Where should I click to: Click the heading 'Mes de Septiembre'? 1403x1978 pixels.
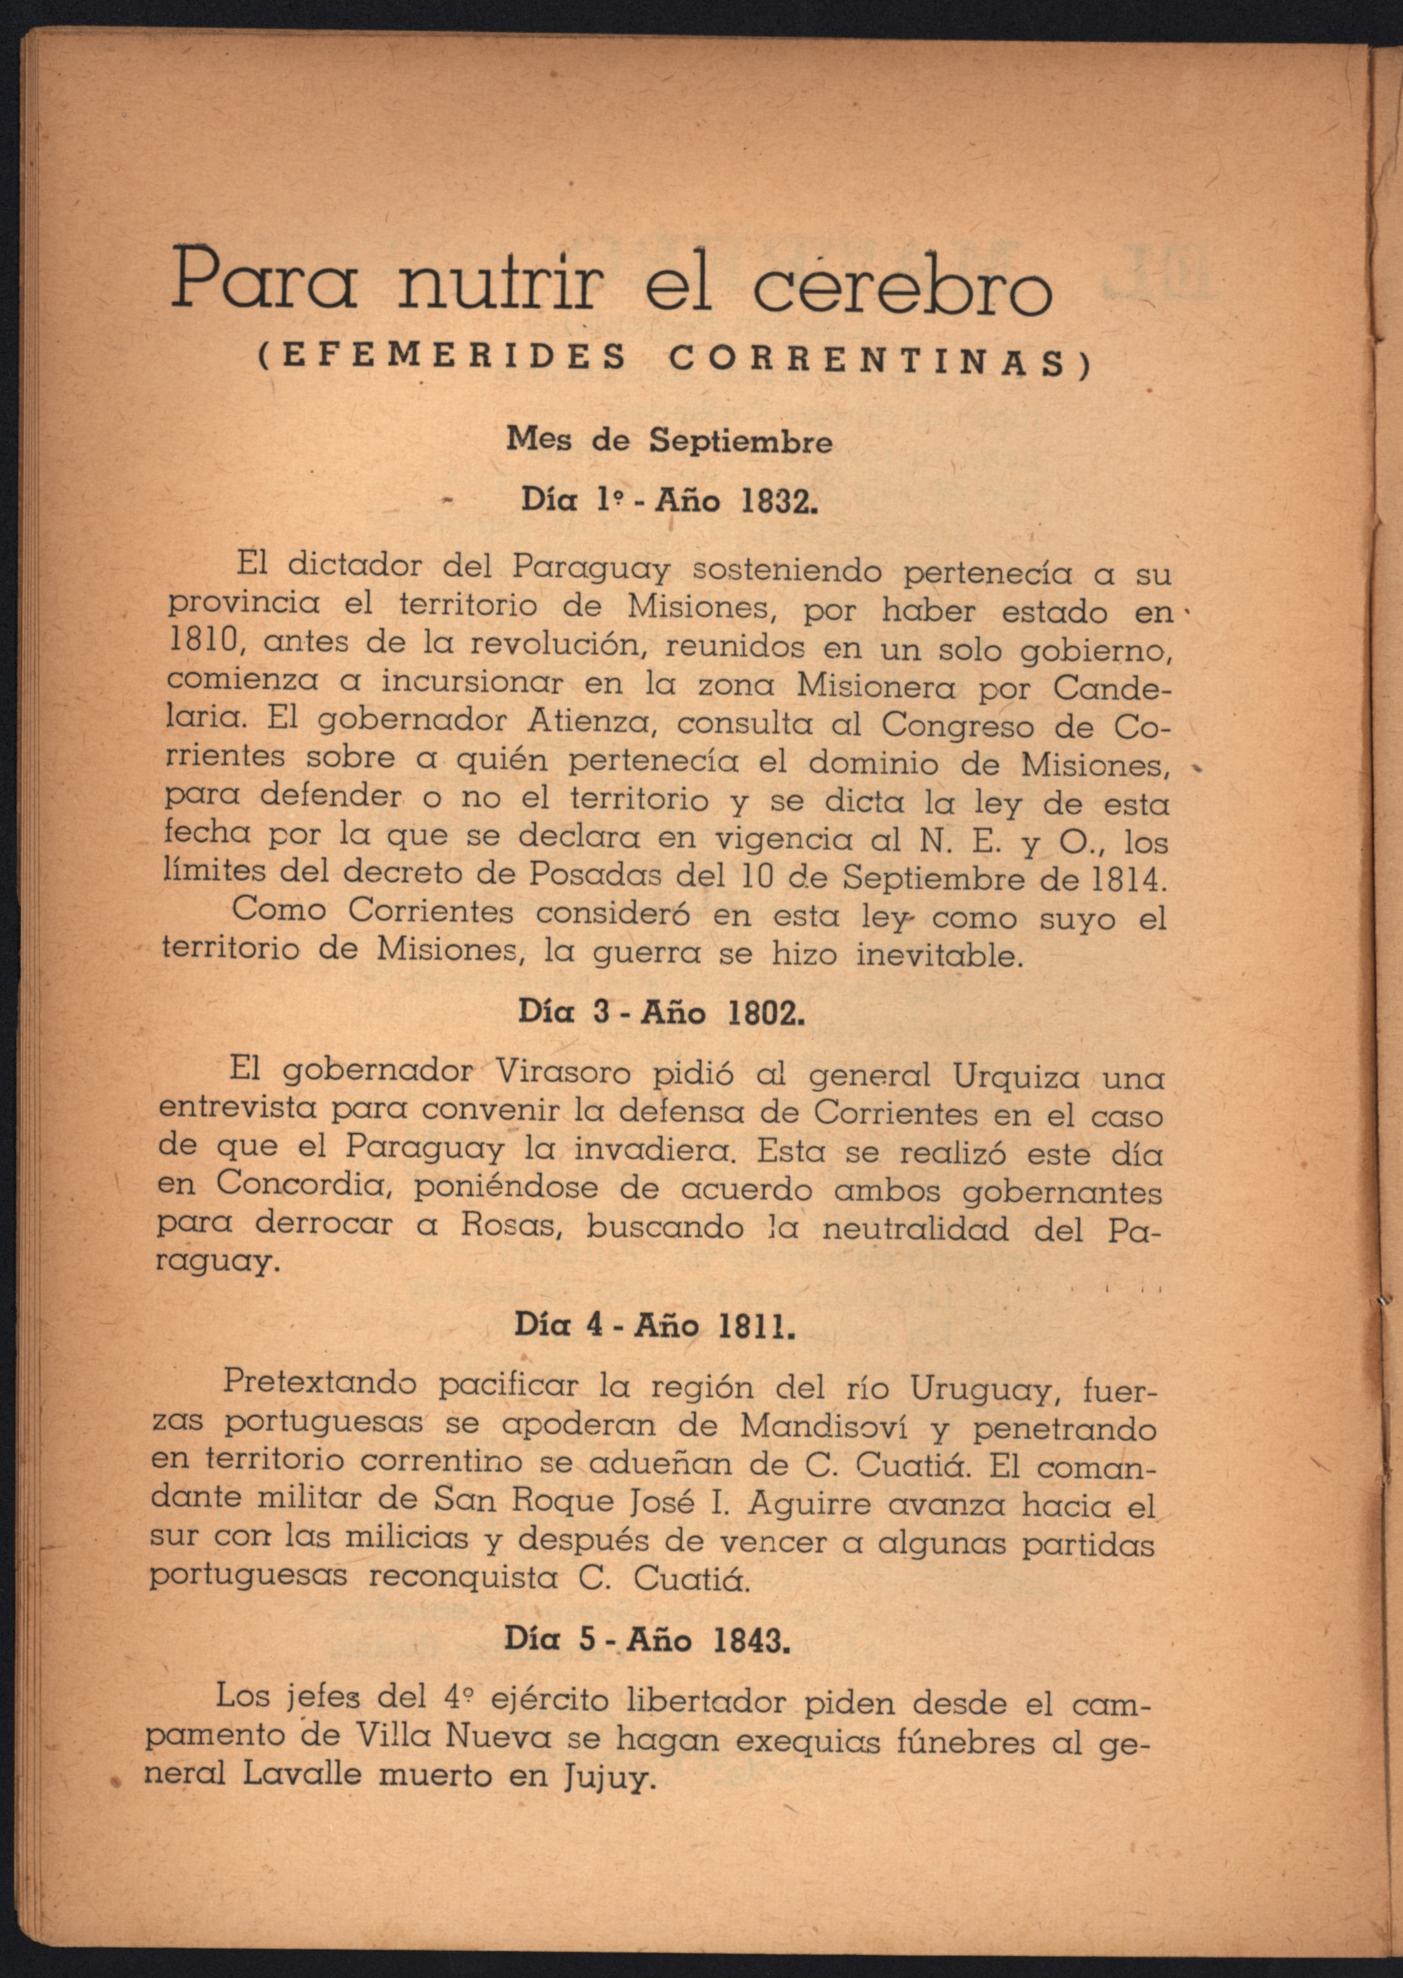coord(670,442)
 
